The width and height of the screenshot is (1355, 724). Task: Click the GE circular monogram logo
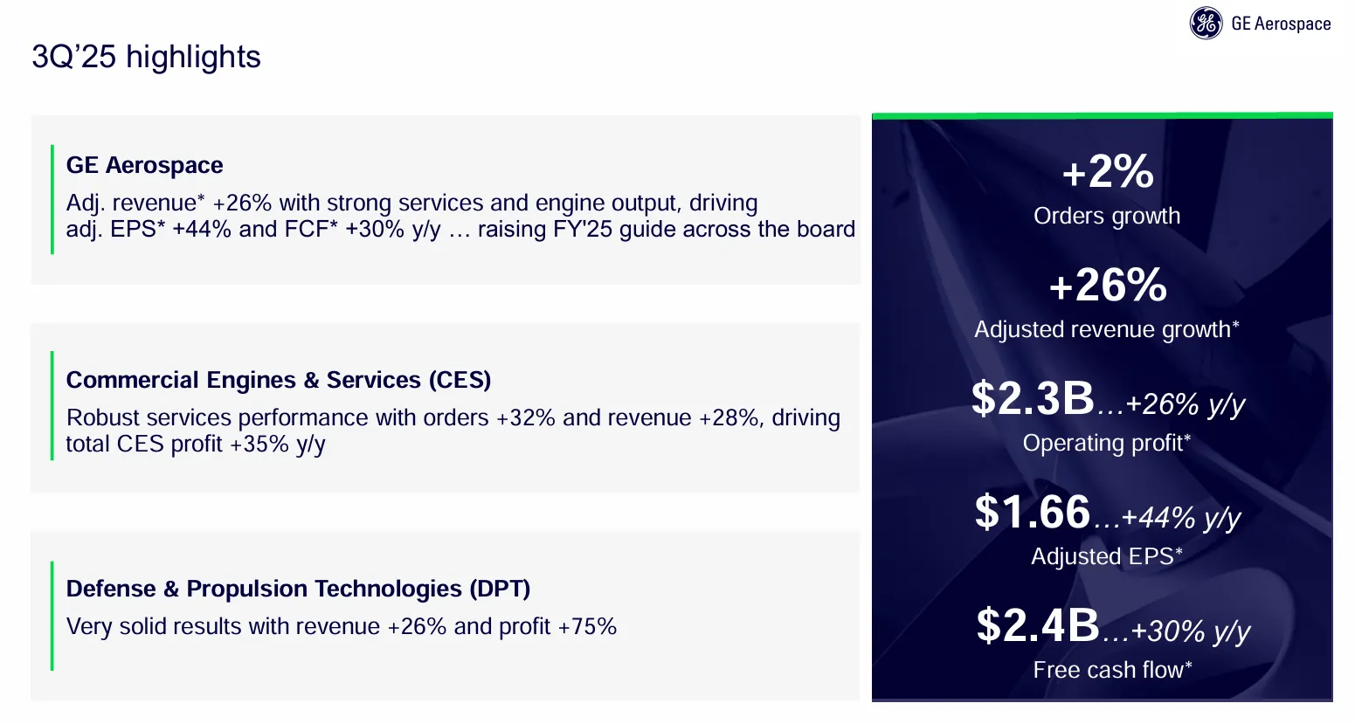pyautogui.click(x=1206, y=24)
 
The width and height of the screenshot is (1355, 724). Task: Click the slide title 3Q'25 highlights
pyautogui.click(x=146, y=57)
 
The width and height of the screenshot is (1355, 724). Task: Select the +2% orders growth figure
pyautogui.click(x=1107, y=171)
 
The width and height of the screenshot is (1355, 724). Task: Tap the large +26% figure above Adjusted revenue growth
pyautogui.click(x=1107, y=285)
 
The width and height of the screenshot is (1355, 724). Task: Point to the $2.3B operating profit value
pyautogui.click(x=1033, y=398)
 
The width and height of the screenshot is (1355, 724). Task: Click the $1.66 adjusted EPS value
pyautogui.click(x=1033, y=512)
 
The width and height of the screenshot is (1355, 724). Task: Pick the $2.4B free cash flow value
pyautogui.click(x=1038, y=625)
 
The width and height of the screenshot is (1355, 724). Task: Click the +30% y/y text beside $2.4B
pyautogui.click(x=1190, y=631)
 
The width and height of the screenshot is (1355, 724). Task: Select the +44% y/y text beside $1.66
pyautogui.click(x=1180, y=517)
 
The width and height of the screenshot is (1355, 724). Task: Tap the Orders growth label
pyautogui.click(x=1107, y=216)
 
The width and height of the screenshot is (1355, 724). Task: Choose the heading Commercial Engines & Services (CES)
pyautogui.click(x=279, y=380)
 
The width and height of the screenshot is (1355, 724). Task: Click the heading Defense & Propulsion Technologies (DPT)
pyautogui.click(x=298, y=589)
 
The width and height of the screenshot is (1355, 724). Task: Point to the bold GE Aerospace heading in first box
pyautogui.click(x=144, y=165)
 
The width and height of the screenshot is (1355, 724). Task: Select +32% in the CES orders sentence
pyautogui.click(x=526, y=417)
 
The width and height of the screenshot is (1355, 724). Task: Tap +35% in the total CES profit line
pyautogui.click(x=259, y=444)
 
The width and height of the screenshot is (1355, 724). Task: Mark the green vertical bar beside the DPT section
pyautogui.click(x=52, y=616)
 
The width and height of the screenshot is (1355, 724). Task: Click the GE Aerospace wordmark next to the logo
pyautogui.click(x=1280, y=24)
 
